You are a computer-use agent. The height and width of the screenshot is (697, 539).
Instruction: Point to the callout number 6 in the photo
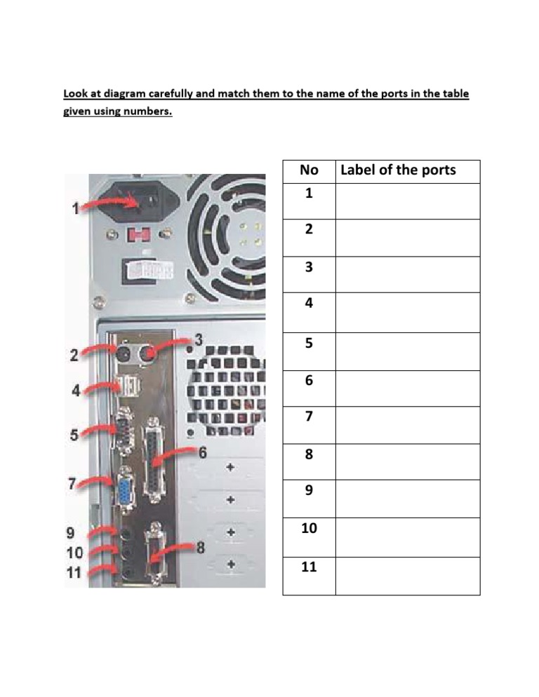pyautogui.click(x=202, y=452)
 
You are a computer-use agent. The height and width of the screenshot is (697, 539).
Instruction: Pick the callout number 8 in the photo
pyautogui.click(x=201, y=548)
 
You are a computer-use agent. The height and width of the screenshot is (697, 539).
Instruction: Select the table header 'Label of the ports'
pyautogui.click(x=397, y=170)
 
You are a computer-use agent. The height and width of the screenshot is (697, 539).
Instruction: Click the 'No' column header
pyautogui.click(x=309, y=170)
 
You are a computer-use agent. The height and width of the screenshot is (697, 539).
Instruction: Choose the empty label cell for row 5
pyautogui.click(x=407, y=351)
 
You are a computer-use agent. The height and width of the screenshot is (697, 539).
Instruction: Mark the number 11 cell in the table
pyautogui.click(x=309, y=567)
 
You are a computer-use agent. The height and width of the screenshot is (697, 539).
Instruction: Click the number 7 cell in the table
pyautogui.click(x=309, y=417)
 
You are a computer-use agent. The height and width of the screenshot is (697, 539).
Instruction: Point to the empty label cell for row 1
pyautogui.click(x=407, y=201)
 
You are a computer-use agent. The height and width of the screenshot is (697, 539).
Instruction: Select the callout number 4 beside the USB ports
pyautogui.click(x=76, y=391)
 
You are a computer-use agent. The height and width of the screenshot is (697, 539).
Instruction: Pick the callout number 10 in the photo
pyautogui.click(x=75, y=553)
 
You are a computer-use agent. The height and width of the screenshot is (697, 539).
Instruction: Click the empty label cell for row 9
pyautogui.click(x=407, y=499)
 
